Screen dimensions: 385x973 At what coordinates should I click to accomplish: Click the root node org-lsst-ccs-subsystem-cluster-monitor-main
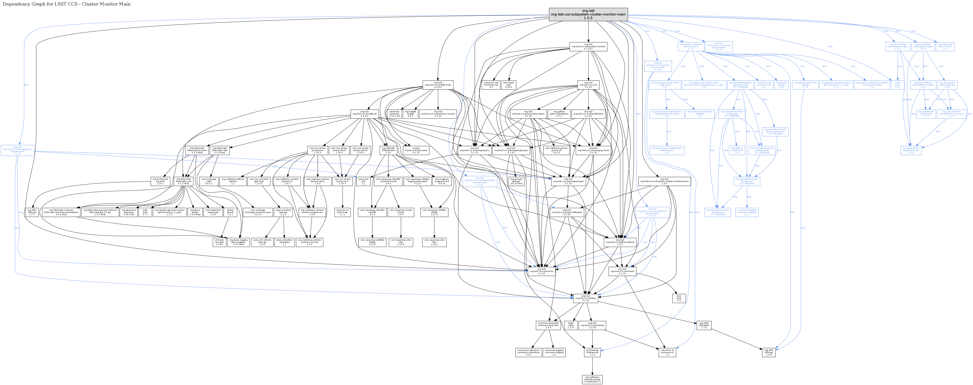click(588, 14)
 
